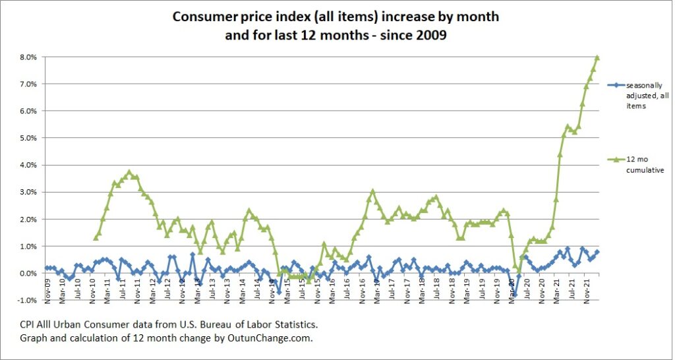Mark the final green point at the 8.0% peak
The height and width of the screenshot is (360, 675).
[x=597, y=57]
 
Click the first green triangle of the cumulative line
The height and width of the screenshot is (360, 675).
[x=96, y=237]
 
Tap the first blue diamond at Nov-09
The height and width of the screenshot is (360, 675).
[x=47, y=268]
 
